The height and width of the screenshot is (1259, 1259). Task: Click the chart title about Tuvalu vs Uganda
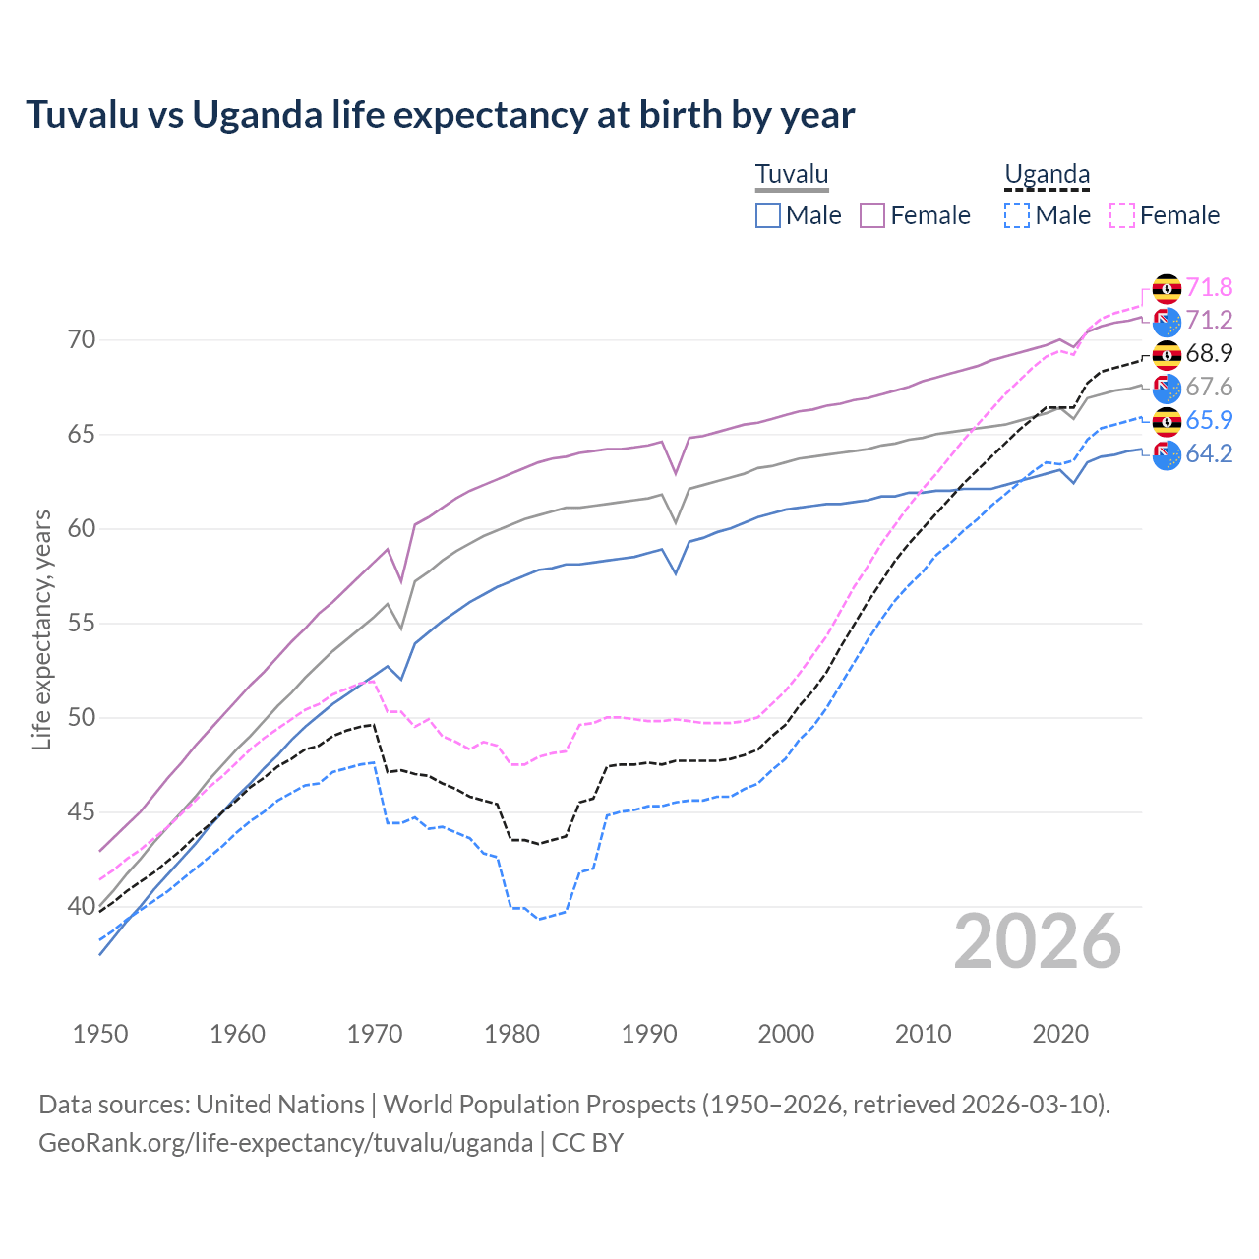click(x=440, y=115)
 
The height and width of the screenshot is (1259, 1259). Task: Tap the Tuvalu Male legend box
click(x=768, y=215)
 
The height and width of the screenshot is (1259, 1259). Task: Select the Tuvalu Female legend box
click(x=872, y=215)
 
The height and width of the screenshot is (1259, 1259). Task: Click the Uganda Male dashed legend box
click(x=1017, y=215)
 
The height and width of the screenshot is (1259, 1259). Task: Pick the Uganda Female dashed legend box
click(x=1121, y=215)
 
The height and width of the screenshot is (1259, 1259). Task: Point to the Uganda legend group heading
click(x=1047, y=175)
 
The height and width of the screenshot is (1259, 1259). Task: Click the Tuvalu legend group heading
click(x=792, y=175)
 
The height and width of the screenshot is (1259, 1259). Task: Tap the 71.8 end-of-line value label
click(x=1209, y=287)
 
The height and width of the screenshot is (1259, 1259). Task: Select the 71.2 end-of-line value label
click(x=1209, y=321)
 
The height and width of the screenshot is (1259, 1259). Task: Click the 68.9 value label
click(x=1209, y=354)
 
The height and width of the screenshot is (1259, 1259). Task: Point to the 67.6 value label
click(x=1209, y=388)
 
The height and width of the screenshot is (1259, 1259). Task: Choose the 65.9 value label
click(x=1209, y=420)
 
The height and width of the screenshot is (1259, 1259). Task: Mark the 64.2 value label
click(x=1209, y=453)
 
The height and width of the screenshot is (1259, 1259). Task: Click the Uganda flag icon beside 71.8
click(x=1167, y=288)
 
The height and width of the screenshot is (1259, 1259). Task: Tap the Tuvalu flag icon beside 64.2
click(x=1167, y=455)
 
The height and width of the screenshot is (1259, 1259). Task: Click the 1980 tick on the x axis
click(x=511, y=1034)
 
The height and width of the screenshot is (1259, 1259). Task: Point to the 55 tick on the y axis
click(x=82, y=624)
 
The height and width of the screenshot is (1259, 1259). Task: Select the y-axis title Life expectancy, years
click(x=42, y=629)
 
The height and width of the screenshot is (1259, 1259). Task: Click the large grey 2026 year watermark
click(x=1038, y=942)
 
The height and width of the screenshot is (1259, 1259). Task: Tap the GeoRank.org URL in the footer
click(x=285, y=1143)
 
